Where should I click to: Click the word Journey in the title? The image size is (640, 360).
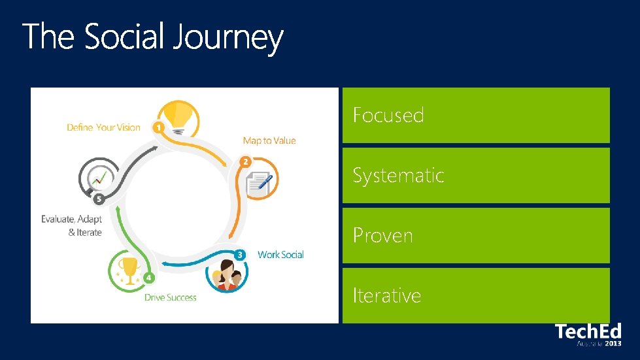(228, 38)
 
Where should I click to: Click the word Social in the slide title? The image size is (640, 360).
(125, 37)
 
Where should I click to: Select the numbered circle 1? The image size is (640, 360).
(158, 127)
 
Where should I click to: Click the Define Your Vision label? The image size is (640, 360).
(103, 127)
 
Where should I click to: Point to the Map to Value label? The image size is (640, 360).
(269, 140)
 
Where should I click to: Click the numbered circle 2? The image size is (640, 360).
(245, 161)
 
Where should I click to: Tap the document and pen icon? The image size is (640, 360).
(260, 182)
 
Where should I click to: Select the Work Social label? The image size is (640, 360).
(280, 254)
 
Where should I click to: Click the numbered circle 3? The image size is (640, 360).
(240, 254)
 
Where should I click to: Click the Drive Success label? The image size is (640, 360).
(171, 297)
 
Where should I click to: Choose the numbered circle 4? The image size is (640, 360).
(149, 278)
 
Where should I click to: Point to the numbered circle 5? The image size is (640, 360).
(99, 199)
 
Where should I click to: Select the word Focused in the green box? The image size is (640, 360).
(388, 116)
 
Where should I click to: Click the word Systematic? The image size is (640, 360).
(398, 175)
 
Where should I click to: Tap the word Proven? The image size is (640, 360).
(382, 235)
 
